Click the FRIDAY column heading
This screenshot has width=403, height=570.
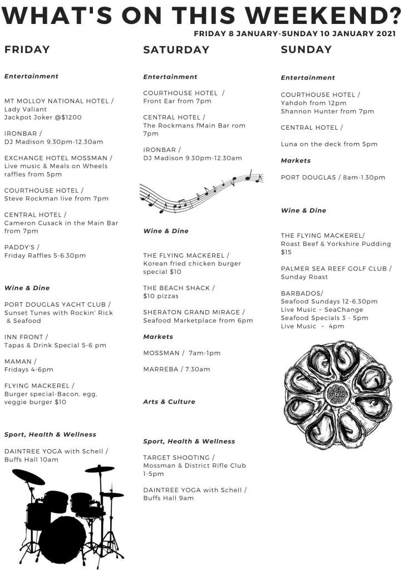coord(27,50)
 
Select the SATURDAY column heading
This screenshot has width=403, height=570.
coord(176,50)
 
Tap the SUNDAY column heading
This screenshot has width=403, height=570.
coord(306,50)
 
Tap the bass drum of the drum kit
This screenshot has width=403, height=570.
coord(62,538)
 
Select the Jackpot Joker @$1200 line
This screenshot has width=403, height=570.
coord(43,117)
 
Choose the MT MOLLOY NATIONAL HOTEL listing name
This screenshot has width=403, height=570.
coord(57,101)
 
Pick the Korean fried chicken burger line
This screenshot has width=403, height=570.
coord(192,263)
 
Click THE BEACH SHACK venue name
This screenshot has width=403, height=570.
coord(176,288)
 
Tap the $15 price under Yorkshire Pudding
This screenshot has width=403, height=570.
coord(286,252)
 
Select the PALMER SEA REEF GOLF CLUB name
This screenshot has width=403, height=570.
coord(334,268)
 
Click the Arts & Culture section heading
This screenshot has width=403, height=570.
coord(169,401)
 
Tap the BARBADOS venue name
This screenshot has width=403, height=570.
coord(301,293)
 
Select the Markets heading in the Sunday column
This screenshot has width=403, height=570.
coord(296,160)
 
